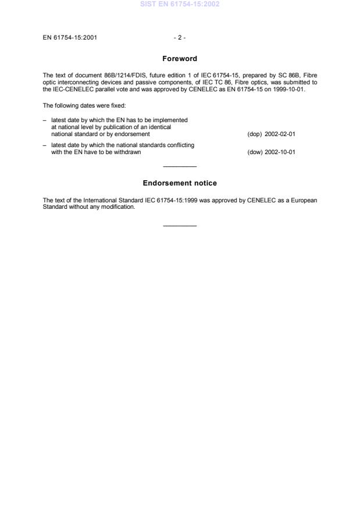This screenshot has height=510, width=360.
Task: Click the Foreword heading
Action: tap(180, 59)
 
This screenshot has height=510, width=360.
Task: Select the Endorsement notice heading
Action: tap(180, 183)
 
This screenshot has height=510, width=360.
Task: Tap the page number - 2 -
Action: tap(180, 38)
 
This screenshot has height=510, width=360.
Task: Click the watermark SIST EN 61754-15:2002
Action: tap(180, 5)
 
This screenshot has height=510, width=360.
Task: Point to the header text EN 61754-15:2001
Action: tap(70, 38)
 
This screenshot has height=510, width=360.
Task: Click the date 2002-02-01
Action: tap(280, 134)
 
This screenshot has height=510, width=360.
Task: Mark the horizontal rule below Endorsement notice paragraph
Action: tap(180, 226)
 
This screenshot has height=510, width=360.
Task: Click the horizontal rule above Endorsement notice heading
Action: tap(180, 167)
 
